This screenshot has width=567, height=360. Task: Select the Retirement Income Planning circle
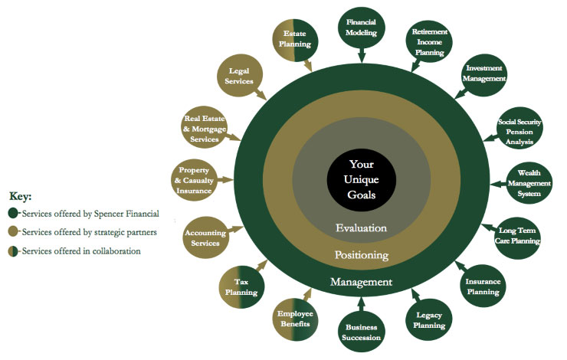pyautogui.click(x=429, y=42)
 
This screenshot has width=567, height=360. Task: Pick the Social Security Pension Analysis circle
pyautogui.click(x=519, y=130)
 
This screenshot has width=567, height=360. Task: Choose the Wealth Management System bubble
pyautogui.click(x=528, y=183)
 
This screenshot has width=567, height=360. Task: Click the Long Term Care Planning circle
pyautogui.click(x=519, y=236)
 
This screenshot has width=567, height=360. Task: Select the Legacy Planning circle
pyautogui.click(x=429, y=320)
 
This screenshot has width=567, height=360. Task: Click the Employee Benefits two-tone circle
pyautogui.click(x=295, y=319)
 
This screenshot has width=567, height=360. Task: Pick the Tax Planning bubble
pyautogui.click(x=241, y=286)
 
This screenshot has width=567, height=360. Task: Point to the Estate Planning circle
pyautogui.click(x=295, y=38)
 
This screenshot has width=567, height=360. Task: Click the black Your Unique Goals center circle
pyautogui.click(x=361, y=178)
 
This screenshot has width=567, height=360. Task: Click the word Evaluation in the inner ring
pyautogui.click(x=361, y=227)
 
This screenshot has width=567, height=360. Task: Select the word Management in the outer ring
pyautogui.click(x=361, y=282)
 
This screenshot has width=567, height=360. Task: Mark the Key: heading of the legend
pyautogui.click(x=20, y=196)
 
